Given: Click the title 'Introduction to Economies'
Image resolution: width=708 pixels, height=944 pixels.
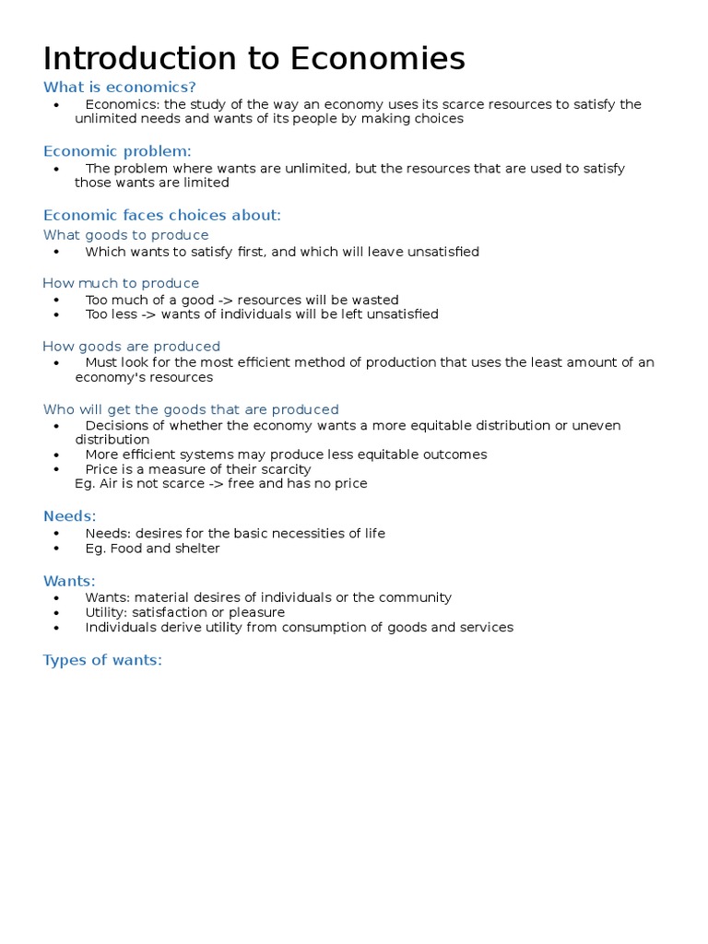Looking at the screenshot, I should [x=254, y=59].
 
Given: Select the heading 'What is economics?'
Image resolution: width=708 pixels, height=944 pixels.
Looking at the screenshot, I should [x=120, y=88].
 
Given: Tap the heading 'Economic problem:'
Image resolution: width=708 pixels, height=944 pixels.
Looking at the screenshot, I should [x=117, y=151].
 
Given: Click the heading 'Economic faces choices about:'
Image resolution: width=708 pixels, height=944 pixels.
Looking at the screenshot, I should [x=161, y=216].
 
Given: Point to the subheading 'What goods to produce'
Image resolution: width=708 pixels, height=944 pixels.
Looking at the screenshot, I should [x=125, y=235].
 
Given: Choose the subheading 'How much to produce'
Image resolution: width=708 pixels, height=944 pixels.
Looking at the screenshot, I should [x=121, y=283].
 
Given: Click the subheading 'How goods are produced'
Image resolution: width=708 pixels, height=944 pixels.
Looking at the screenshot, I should [x=131, y=347].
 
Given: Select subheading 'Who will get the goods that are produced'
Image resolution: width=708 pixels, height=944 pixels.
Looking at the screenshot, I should [x=191, y=409].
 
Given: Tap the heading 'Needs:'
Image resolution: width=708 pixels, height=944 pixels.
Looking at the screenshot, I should [x=69, y=516].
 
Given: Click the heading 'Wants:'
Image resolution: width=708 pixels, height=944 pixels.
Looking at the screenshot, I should [x=69, y=581].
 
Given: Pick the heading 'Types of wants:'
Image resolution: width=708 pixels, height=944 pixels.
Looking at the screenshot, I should [x=102, y=660].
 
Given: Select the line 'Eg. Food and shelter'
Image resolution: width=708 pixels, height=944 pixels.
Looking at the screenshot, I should [x=152, y=549].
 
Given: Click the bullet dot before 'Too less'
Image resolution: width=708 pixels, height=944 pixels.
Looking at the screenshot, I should [x=57, y=314].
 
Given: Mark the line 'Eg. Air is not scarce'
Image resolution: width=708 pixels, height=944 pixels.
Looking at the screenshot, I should [x=220, y=483].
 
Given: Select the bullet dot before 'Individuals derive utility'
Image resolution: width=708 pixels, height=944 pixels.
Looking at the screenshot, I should [x=57, y=628].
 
